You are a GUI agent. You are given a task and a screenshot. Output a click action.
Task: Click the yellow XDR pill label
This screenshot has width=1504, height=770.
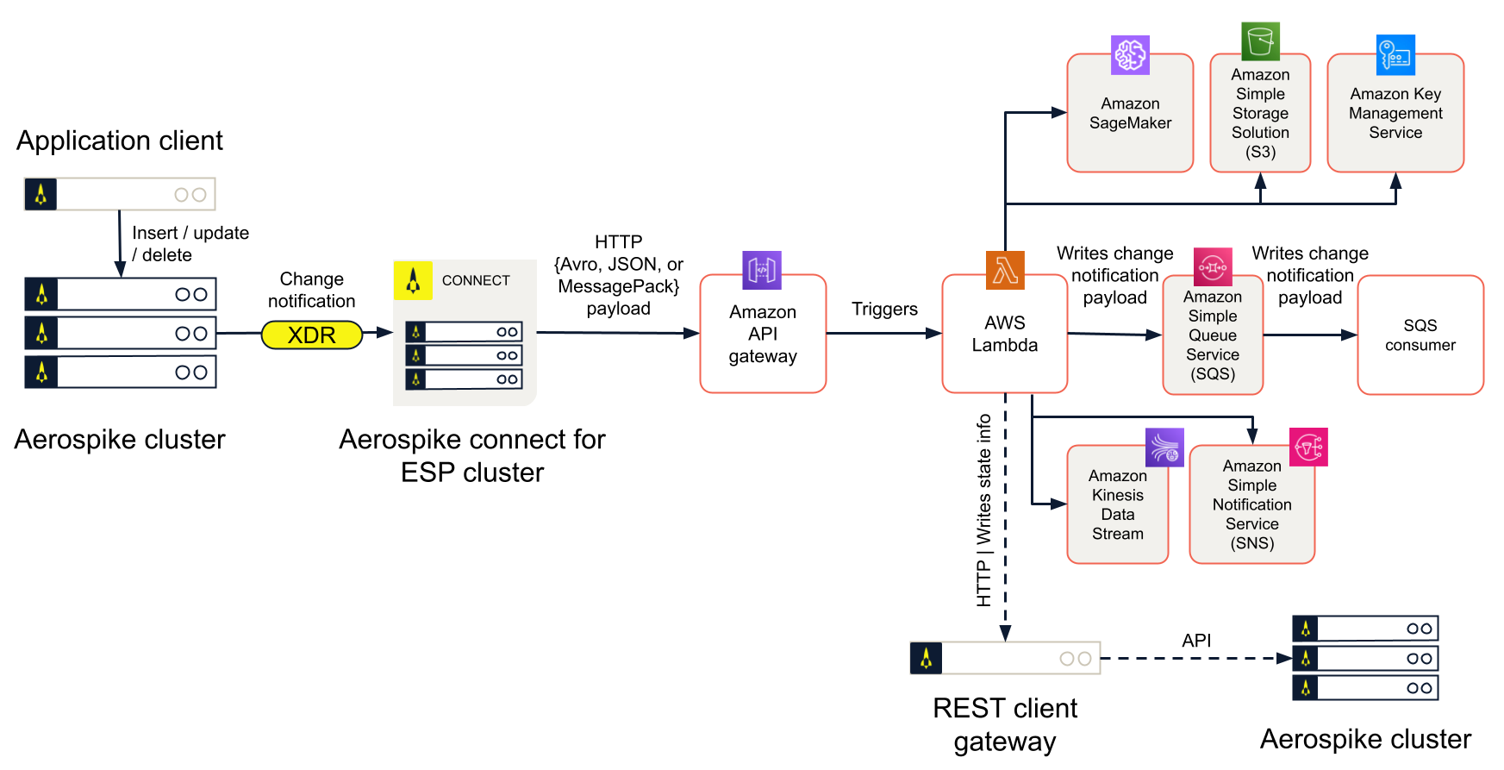[x=312, y=335]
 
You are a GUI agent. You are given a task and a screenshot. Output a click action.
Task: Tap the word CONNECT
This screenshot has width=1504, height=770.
[x=476, y=280]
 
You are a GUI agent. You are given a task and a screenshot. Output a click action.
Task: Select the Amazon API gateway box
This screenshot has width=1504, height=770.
[x=763, y=334]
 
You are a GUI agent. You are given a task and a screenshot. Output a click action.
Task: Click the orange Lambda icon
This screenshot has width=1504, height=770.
[x=1005, y=270]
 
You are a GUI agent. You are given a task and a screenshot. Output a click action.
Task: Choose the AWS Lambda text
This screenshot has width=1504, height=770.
[x=1005, y=334]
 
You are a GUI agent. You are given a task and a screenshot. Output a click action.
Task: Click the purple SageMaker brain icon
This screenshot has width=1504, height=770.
[x=1130, y=55]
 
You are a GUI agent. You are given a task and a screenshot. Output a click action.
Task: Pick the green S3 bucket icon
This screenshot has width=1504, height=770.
[x=1260, y=41]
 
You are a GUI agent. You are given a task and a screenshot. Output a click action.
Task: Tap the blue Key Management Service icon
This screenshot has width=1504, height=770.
[x=1395, y=55]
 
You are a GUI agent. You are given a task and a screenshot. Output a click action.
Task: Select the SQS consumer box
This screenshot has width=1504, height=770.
[x=1420, y=335]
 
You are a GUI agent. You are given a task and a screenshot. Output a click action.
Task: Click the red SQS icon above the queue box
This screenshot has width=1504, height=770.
[x=1213, y=267]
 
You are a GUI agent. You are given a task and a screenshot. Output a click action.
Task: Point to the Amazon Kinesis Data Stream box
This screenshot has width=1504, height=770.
[x=1117, y=504]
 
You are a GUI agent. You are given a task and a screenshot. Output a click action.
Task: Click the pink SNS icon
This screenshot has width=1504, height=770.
[x=1308, y=447]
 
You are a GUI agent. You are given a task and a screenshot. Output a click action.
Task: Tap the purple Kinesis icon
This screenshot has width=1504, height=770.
[x=1164, y=447]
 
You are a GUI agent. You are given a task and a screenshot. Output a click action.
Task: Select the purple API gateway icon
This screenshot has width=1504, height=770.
[x=762, y=270]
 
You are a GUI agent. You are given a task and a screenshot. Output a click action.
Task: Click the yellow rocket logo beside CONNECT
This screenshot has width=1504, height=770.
[x=413, y=280]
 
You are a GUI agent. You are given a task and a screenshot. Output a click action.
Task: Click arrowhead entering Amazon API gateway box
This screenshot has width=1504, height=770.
[x=691, y=333]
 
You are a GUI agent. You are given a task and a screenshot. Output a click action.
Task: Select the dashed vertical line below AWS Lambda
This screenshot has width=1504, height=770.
[x=1005, y=517]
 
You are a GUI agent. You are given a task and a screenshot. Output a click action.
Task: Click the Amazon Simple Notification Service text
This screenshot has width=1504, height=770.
[x=1251, y=504]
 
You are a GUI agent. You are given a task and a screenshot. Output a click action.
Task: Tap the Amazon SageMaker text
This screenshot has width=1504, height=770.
[x=1130, y=113]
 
